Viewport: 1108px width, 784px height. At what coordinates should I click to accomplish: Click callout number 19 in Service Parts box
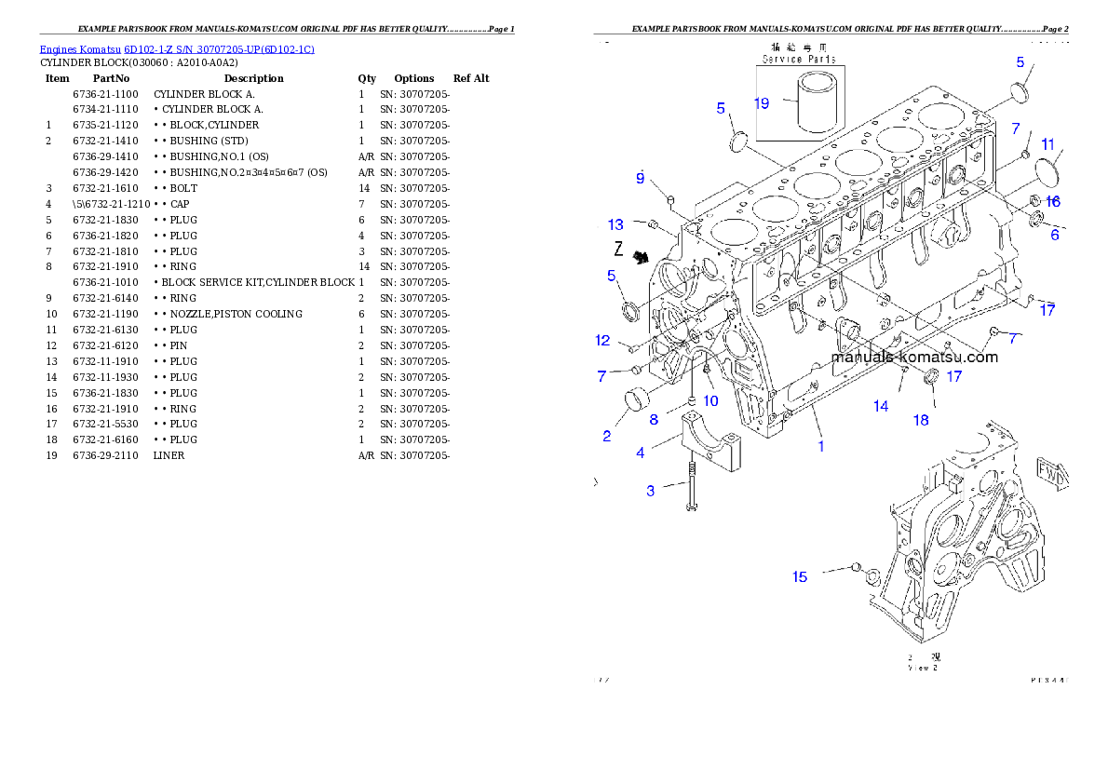[762, 103]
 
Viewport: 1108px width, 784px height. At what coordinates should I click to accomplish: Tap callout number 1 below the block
[820, 446]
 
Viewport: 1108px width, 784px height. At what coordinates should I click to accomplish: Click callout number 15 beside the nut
[800, 577]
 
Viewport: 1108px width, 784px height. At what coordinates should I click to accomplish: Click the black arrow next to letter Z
[641, 258]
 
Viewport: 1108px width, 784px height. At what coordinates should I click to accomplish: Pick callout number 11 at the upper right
[1048, 144]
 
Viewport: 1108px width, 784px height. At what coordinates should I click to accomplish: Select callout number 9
[641, 178]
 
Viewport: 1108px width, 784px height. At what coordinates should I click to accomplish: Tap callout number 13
[616, 224]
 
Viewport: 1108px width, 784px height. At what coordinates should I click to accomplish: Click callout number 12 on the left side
[603, 340]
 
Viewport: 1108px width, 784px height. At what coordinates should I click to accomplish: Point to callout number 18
[920, 420]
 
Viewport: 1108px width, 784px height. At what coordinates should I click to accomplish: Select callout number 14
[881, 406]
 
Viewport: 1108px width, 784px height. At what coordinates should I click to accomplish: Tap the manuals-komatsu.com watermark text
[913, 357]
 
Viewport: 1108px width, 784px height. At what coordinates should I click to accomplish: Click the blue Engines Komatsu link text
[177, 48]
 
